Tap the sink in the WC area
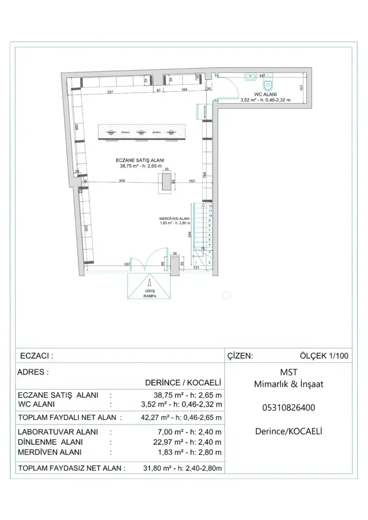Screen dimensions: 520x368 coord(251,78)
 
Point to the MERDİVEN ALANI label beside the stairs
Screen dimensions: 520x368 coord(174,218)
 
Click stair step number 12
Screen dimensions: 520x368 coord(210,206)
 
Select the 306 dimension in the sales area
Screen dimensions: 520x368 coord(122,181)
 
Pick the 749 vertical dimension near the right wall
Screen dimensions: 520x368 coord(204,175)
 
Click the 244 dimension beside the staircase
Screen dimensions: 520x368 coord(190,234)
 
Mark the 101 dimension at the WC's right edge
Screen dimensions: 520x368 coord(301,87)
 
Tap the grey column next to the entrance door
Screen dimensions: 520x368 coord(174,265)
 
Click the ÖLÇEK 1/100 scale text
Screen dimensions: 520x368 coord(324,356)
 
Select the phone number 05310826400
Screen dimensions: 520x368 coord(289,407)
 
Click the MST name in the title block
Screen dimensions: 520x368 coord(289,372)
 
